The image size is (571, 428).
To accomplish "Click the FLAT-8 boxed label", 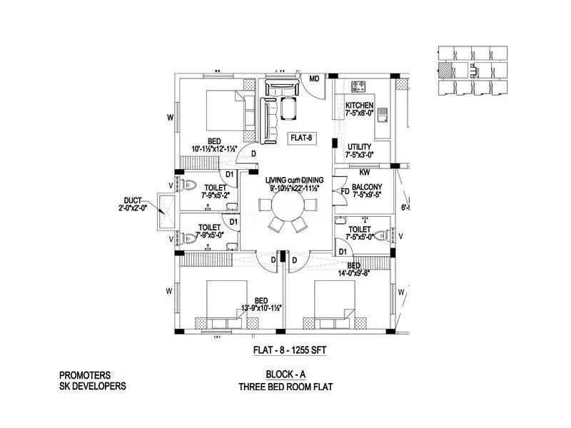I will pos(301,138).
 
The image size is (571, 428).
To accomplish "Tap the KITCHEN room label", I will pos(359,106).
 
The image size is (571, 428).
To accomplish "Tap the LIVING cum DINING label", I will pos(295,179).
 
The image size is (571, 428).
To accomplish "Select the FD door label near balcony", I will pos(344,191).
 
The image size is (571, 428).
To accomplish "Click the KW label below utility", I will pos(364,172).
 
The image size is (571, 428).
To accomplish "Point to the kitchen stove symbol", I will pos(359,88).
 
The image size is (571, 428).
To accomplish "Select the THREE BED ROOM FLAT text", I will pos(287,387).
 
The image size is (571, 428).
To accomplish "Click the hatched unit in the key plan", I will pos(445,69).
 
